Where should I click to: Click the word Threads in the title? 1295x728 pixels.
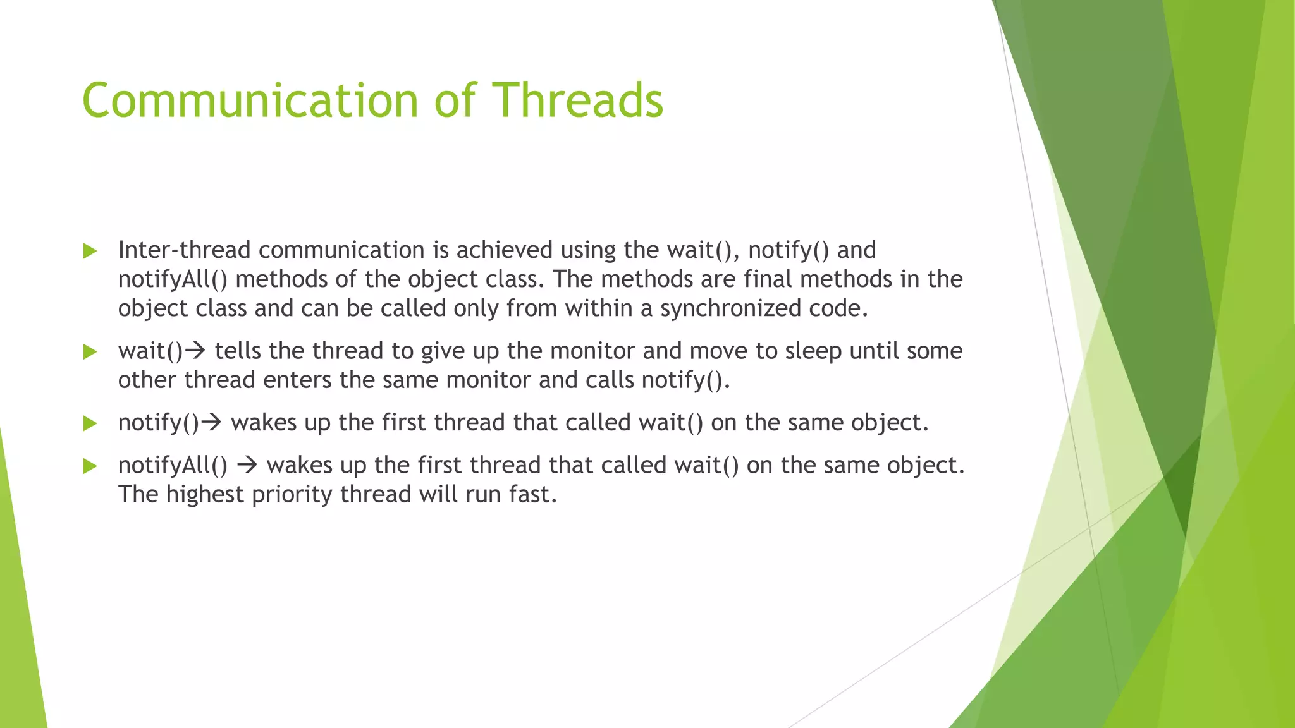[577, 101]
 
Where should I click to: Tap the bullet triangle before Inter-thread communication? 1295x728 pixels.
[90, 252]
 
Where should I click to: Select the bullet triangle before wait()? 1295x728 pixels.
[90, 352]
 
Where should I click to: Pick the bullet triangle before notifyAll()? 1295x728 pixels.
[90, 466]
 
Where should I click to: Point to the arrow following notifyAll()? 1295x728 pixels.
[247, 466]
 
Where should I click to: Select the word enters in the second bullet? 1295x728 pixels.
[297, 380]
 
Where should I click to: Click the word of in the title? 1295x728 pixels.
[455, 101]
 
